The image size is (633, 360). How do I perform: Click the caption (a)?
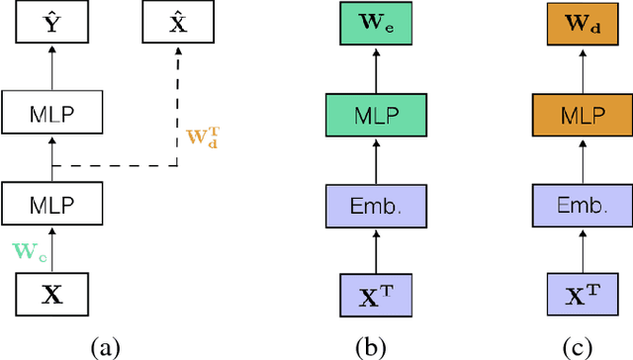tap(104, 346)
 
